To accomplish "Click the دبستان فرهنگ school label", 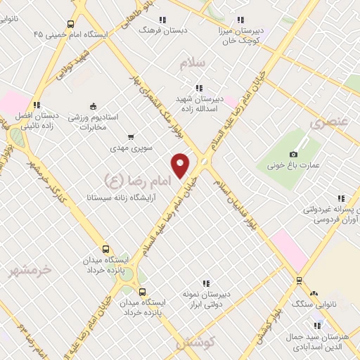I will click(155, 30).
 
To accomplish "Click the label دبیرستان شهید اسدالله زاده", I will click(199, 104).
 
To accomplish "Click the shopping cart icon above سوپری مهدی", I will click(131, 137).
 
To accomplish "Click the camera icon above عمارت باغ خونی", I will click(293, 154).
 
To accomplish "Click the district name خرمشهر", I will click(32, 269).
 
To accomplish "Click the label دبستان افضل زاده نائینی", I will click(35, 121).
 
